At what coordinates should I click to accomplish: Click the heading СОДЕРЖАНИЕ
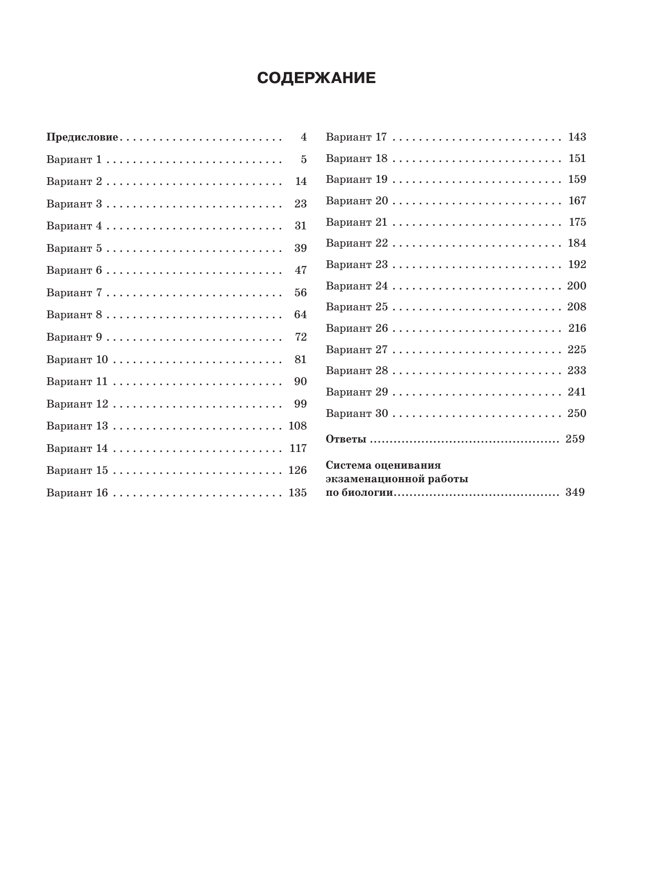(316, 78)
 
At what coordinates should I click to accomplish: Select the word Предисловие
(83, 137)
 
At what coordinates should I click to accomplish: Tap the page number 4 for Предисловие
(303, 137)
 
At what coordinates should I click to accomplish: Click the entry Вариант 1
(74, 160)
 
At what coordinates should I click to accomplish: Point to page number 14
(301, 182)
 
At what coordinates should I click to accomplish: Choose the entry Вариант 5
(74, 248)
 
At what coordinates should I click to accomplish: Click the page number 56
(301, 293)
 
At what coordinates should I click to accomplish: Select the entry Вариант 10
(77, 359)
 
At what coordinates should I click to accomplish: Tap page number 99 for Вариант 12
(301, 404)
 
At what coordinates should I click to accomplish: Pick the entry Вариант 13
(77, 426)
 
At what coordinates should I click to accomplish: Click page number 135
(297, 493)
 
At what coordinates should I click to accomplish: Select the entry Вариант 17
(356, 137)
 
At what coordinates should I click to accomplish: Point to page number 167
(577, 201)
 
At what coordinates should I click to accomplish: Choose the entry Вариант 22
(357, 243)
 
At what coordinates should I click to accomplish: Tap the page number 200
(577, 286)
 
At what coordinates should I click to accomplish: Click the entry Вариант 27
(357, 350)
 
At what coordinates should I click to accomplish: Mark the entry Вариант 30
(357, 413)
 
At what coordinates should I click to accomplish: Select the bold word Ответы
(346, 439)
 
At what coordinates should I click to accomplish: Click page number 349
(575, 492)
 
